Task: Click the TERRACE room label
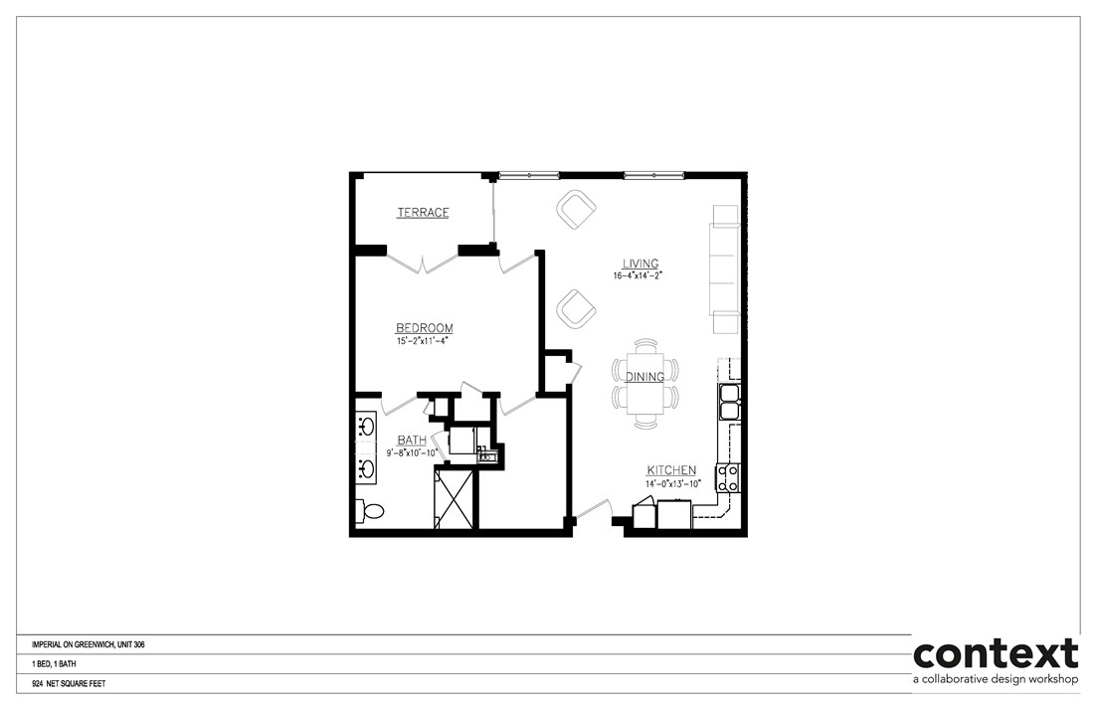[x=423, y=213]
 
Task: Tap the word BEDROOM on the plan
[x=425, y=328]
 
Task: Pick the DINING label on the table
[x=645, y=377]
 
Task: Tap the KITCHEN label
[x=671, y=470]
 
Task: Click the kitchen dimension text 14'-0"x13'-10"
[x=674, y=483]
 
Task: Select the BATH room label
[x=412, y=440]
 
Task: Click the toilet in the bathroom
[x=371, y=511]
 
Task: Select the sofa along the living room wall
[x=723, y=268]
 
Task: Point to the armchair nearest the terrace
[x=575, y=209]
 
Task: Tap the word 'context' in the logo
[x=996, y=654]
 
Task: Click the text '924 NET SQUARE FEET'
[x=69, y=684]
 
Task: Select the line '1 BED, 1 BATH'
[x=55, y=664]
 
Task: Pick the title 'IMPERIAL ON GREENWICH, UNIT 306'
[x=89, y=644]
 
